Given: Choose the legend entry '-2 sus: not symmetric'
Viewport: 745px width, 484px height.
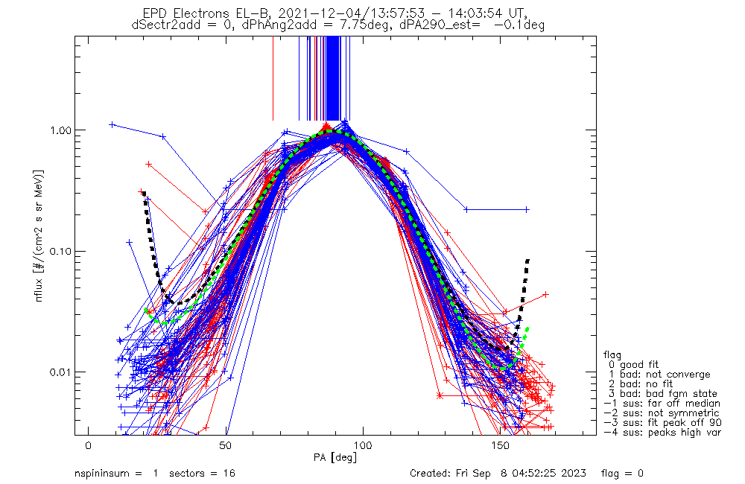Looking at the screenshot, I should (662, 413).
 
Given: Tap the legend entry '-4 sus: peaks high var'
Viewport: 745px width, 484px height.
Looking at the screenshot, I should (662, 432).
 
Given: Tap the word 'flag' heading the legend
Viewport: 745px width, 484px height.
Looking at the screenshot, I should (613, 354).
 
